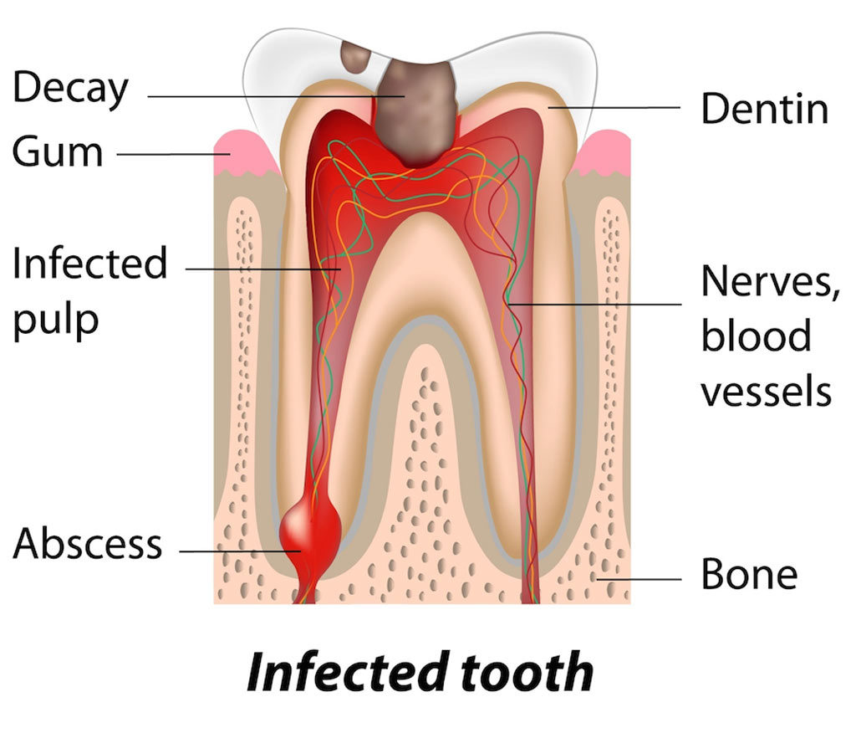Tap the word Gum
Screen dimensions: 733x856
(58, 151)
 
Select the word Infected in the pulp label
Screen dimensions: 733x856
(89, 264)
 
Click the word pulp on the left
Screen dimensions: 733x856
(55, 320)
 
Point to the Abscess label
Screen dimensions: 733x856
(88, 545)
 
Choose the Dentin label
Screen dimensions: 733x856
(764, 109)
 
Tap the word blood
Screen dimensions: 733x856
(756, 336)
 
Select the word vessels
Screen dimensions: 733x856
(766, 390)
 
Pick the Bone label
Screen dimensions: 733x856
(749, 575)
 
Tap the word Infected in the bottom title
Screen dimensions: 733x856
(341, 671)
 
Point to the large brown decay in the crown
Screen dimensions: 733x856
(417, 113)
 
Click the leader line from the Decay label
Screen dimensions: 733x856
(267, 97)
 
